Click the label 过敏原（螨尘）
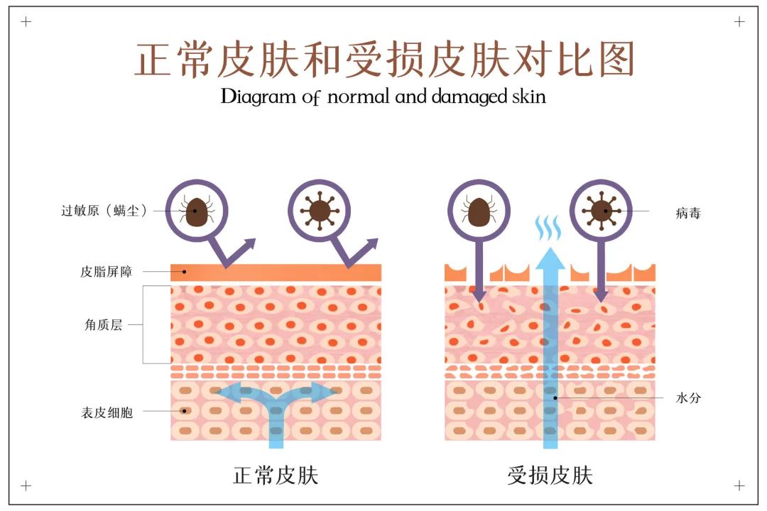[x=104, y=211]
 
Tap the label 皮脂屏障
[x=106, y=271]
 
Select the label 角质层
[x=103, y=324]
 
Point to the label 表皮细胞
[x=107, y=413]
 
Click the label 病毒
[x=687, y=213]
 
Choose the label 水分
[x=687, y=398]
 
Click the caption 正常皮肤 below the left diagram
[x=276, y=476]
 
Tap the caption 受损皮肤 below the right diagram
[x=550, y=476]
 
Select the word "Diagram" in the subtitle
[x=258, y=97]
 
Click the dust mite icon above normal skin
[x=196, y=211]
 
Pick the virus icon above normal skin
[x=320, y=211]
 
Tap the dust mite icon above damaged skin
[x=479, y=211]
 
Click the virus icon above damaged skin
[x=602, y=211]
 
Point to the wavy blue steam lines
[x=548, y=228]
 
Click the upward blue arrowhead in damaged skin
[x=550, y=259]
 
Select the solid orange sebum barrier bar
[x=276, y=273]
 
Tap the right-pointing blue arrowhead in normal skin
[x=323, y=391]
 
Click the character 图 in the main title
[x=617, y=59]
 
